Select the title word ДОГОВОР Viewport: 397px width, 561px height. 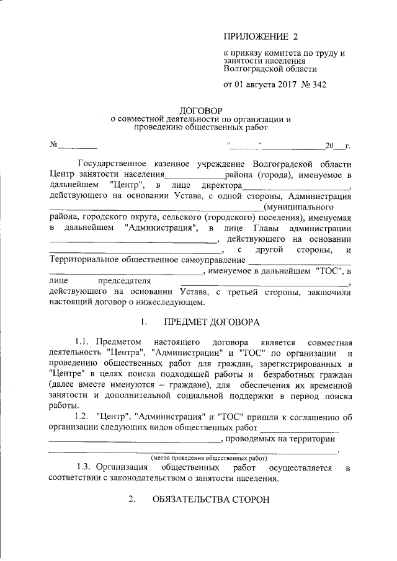(195, 110)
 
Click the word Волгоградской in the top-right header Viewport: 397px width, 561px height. (249, 69)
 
